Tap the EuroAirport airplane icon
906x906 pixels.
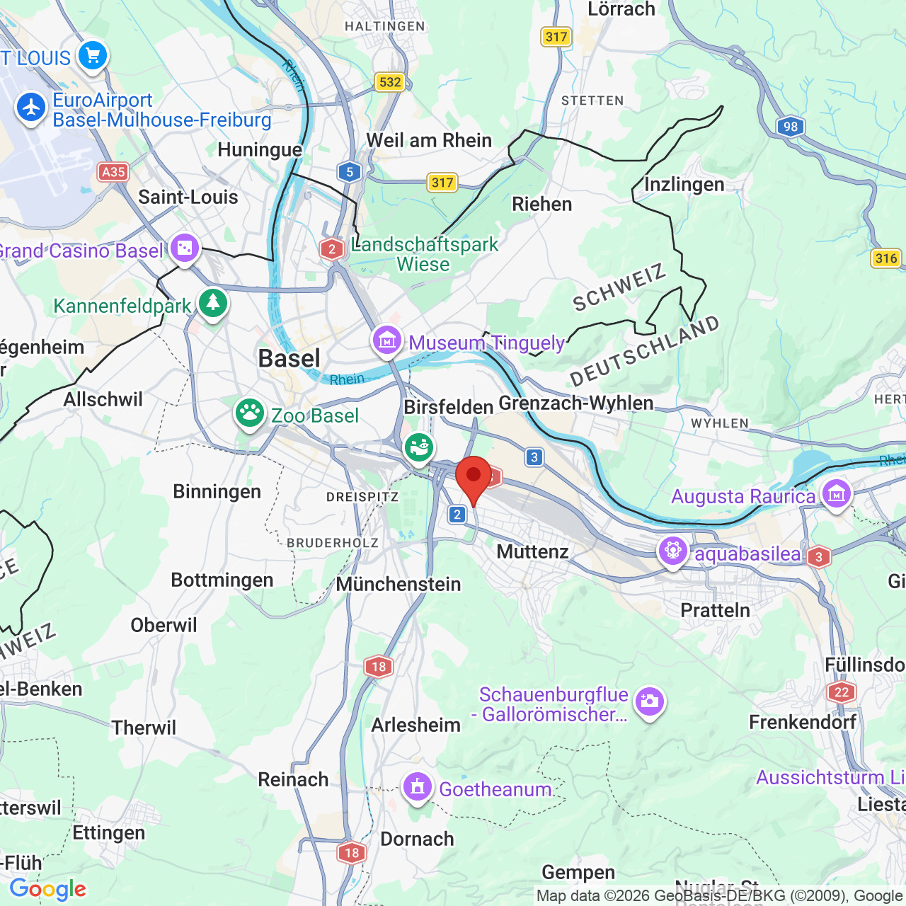click(x=31, y=108)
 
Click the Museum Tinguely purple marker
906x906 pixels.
click(x=387, y=340)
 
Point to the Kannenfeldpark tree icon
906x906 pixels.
click(x=212, y=303)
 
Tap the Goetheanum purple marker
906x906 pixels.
click(x=418, y=786)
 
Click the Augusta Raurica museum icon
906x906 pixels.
click(x=836, y=493)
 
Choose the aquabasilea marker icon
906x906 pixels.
click(x=672, y=551)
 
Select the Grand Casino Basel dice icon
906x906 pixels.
click(x=184, y=248)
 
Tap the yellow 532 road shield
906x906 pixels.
click(x=390, y=82)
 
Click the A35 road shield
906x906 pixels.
click(x=113, y=172)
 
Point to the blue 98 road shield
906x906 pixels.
click(x=791, y=127)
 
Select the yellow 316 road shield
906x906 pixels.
click(x=885, y=258)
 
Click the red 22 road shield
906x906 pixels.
click(x=841, y=692)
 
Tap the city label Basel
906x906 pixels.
click(x=289, y=359)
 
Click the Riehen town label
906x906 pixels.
click(x=541, y=205)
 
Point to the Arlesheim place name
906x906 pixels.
click(x=415, y=726)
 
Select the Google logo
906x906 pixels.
click(x=48, y=889)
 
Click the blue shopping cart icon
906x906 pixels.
click(x=93, y=55)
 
